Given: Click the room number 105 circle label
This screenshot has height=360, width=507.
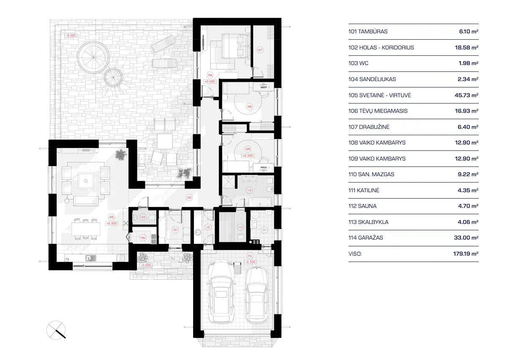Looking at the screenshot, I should tap(112, 218).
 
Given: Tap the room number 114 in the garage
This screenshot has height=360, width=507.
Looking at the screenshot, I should tap(250, 256).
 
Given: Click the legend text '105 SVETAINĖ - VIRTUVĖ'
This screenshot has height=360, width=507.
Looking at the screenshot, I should tap(379, 95).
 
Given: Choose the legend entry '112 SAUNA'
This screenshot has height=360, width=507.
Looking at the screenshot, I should tap(363, 206).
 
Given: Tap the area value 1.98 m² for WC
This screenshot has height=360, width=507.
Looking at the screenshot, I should tap(466, 63).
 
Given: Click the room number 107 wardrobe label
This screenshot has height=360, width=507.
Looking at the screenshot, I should tap(260, 50).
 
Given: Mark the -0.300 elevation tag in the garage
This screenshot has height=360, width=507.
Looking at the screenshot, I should tap(250, 262).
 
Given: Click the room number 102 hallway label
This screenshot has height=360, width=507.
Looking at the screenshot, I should tap(189, 197).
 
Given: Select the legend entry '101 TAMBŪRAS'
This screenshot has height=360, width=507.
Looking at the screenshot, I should tap(368, 32).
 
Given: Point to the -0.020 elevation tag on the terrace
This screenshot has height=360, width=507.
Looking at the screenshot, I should tap(70, 36).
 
